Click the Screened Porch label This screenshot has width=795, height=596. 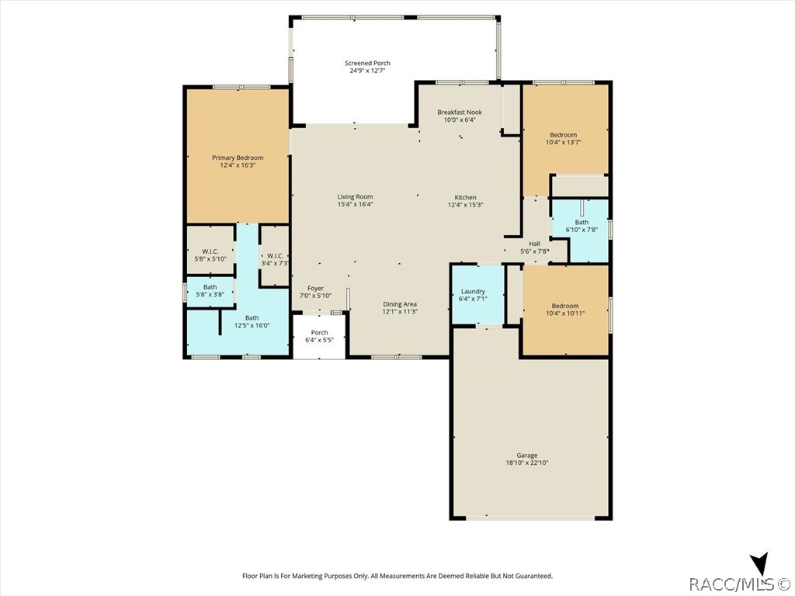point(367,64)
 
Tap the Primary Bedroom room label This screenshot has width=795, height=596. point(238,158)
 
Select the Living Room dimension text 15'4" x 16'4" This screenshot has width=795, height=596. point(356,204)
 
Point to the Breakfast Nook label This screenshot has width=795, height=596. point(460,112)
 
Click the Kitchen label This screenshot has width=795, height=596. point(466,197)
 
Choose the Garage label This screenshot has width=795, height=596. point(527,455)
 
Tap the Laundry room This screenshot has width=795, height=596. point(477,294)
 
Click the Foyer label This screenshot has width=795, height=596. point(315,288)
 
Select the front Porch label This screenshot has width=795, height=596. point(319,332)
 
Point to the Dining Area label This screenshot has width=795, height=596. point(400,304)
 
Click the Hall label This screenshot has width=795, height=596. point(534,243)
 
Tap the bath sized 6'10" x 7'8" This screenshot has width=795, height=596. point(580,230)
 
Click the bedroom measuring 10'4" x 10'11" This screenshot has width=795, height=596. point(565,310)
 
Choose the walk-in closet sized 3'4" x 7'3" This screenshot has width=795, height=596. point(275,256)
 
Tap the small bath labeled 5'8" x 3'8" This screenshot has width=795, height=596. point(210,292)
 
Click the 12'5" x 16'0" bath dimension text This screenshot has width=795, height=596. point(252,326)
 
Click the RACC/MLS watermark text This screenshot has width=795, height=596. point(738,584)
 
